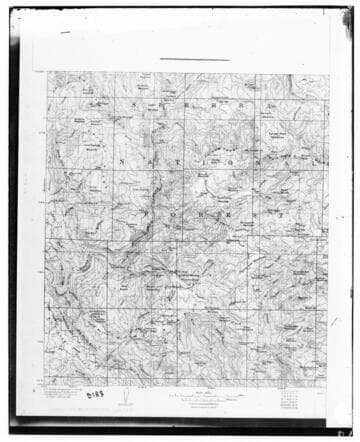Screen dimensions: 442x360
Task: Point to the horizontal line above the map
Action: [x=194, y=59]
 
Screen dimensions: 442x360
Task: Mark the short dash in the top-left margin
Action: [x=65, y=33]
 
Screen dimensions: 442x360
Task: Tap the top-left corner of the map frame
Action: [x=47, y=72]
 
